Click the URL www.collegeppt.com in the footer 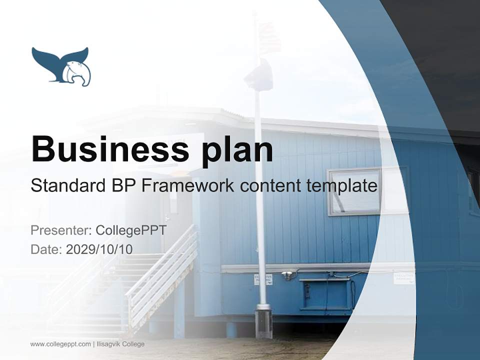pos(60,344)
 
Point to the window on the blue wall pos(354,191)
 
